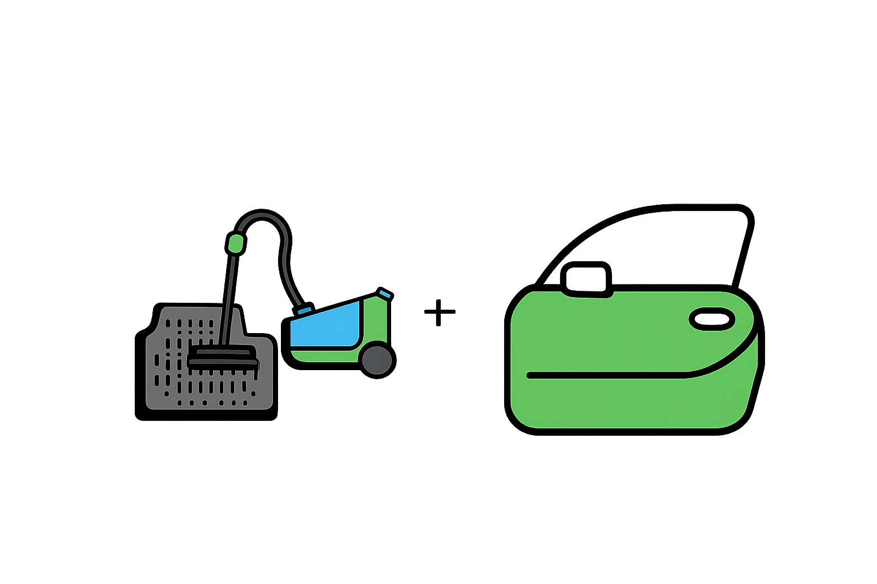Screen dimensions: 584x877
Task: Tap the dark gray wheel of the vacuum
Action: [377, 360]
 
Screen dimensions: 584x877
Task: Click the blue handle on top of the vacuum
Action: [386, 294]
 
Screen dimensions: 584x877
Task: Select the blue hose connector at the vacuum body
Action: [303, 310]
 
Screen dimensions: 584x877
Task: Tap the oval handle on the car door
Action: [712, 319]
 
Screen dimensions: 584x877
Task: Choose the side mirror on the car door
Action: [586, 278]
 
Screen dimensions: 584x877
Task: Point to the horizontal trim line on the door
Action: [605, 375]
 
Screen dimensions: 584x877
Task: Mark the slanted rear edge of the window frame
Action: [742, 251]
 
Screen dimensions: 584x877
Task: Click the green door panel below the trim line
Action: [628, 402]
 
